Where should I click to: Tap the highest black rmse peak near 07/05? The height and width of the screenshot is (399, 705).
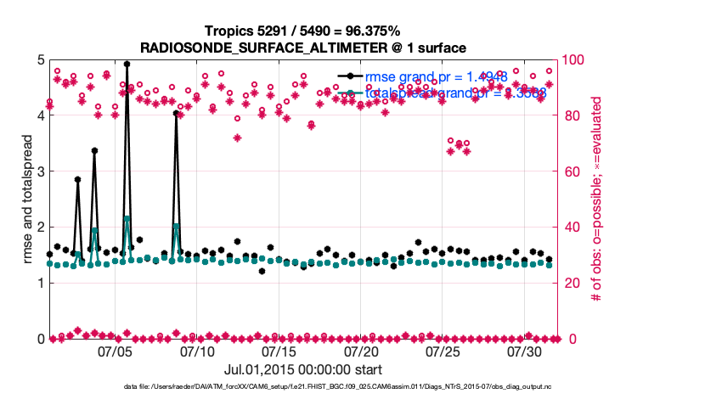click(x=127, y=64)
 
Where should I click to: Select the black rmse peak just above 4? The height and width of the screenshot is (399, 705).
click(x=176, y=113)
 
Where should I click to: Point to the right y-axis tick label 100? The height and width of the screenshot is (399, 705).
click(x=579, y=60)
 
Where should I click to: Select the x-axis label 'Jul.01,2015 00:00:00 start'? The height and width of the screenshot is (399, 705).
click(x=302, y=369)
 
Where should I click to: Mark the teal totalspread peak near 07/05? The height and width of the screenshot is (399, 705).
click(x=127, y=218)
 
